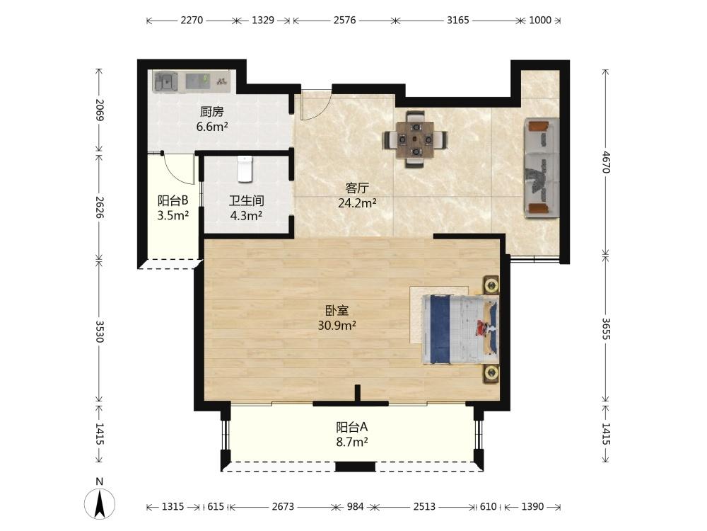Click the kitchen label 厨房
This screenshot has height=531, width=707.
point(212,112)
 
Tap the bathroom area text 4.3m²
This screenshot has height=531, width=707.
point(246,216)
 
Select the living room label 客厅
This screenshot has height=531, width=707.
point(357,188)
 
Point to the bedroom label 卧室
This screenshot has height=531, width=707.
point(337,311)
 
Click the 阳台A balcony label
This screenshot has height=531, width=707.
point(351,427)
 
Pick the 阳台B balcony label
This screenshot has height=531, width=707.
point(173,200)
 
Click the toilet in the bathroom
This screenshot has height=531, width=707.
point(245,169)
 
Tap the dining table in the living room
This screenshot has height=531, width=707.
point(415,139)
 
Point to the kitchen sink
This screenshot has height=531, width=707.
point(166,82)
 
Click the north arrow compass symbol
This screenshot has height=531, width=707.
point(100,503)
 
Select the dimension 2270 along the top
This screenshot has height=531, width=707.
point(192,21)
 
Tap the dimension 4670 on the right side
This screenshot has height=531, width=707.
point(606,162)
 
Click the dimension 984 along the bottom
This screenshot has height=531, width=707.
point(356,507)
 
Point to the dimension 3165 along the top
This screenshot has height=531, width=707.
point(457,21)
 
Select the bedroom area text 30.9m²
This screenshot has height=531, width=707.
point(337,325)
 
